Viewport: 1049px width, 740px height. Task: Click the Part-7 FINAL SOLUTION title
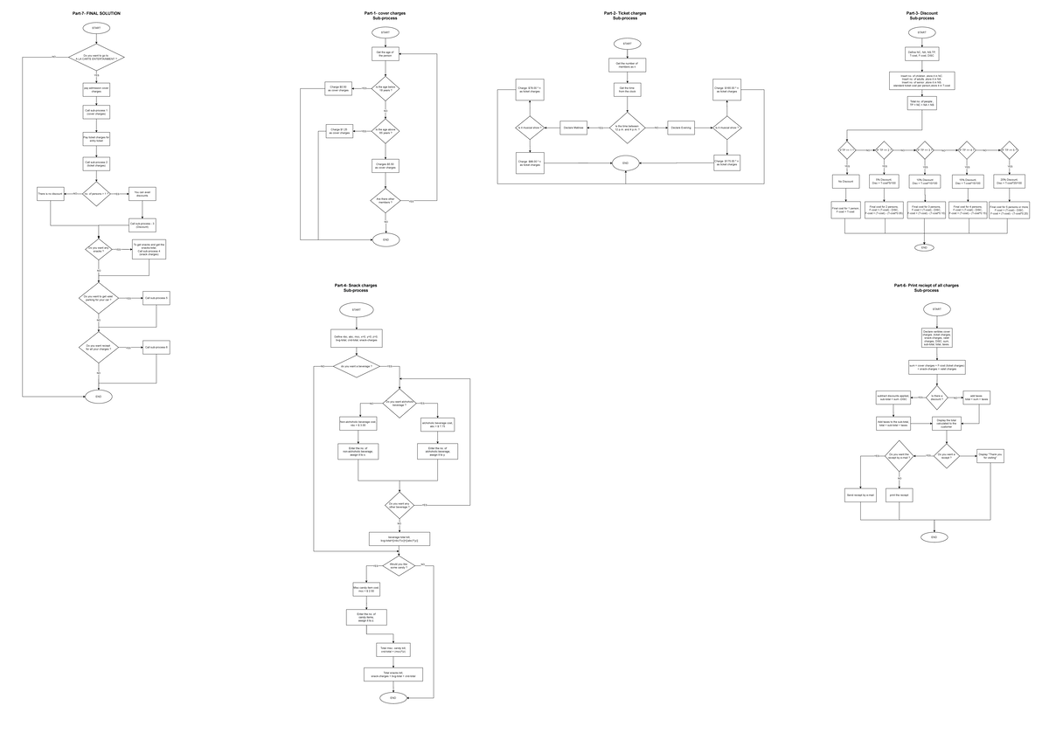coord(96,15)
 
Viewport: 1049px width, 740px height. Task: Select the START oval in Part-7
coord(96,29)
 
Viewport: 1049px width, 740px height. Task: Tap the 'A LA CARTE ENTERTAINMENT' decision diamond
coord(96,58)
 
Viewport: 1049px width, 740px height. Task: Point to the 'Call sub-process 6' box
coord(156,347)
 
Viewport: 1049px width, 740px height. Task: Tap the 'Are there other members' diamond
coord(385,201)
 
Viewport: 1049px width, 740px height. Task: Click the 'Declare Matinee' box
coord(573,128)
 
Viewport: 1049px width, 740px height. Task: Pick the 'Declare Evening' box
coord(681,128)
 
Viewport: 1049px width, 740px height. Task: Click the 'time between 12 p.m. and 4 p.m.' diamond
coord(627,128)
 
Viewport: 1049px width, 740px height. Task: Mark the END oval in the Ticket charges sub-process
coord(625,163)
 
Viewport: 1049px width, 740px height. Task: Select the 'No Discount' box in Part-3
coord(845,181)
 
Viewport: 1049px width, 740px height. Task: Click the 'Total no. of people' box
coord(921,104)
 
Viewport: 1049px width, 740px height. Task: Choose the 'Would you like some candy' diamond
coord(399,567)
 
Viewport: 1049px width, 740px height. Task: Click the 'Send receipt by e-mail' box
coord(861,495)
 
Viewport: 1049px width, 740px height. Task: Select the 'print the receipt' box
coord(899,495)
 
